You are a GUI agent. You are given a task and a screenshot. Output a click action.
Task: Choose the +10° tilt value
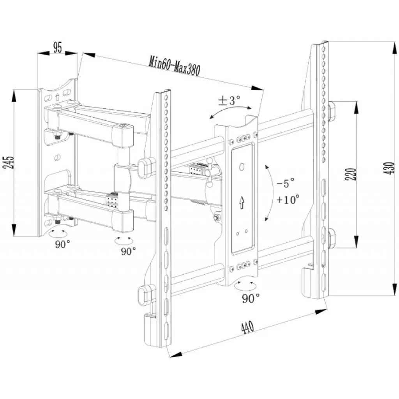[x=288, y=200]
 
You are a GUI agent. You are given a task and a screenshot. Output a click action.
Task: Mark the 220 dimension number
[x=350, y=174]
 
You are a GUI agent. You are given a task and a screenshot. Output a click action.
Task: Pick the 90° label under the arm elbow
[x=128, y=251]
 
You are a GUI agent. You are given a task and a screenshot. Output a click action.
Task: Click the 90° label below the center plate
[x=251, y=298]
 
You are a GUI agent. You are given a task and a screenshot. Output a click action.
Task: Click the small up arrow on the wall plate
[x=57, y=97]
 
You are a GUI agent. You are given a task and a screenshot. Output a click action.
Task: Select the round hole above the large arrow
[x=242, y=167]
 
